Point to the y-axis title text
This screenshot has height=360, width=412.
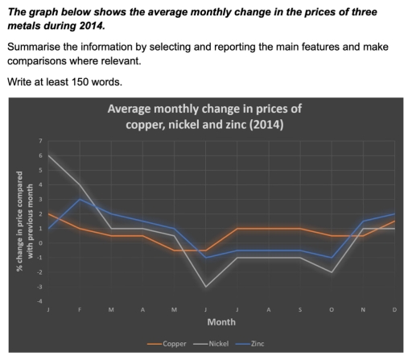pos(19,222)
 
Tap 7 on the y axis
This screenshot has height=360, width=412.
pos(39,142)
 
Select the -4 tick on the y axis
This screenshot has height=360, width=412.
pos(39,301)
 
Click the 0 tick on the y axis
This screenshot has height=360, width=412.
pos(39,243)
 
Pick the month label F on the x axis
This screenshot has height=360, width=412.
pos(78,309)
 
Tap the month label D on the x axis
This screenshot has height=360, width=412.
pos(393,309)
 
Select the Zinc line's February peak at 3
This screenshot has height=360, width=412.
pos(79,200)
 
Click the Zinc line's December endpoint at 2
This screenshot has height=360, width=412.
pos(393,214)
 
